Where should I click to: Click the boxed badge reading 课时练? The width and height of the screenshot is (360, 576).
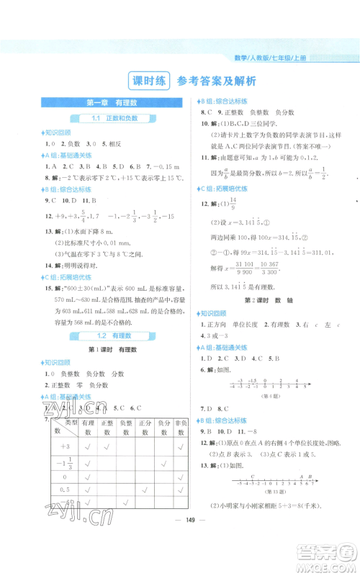147,80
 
